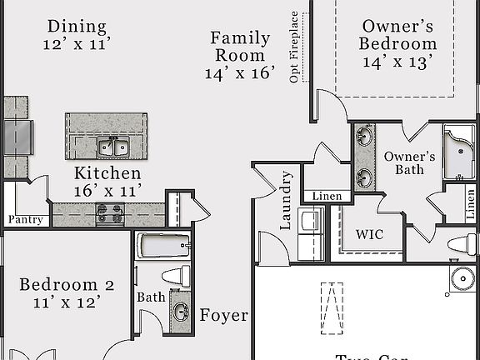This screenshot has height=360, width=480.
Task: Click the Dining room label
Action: pyautogui.click(x=76, y=26)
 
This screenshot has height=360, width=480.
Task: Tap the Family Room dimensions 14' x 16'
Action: pyautogui.click(x=239, y=73)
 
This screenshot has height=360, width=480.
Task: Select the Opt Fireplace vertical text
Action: pyautogui.click(x=294, y=47)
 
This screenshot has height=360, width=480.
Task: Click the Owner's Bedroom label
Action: pyautogui.click(x=397, y=36)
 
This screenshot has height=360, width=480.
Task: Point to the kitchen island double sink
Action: pyautogui.click(x=114, y=147)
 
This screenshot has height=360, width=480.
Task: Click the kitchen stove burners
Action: pyautogui.click(x=110, y=214)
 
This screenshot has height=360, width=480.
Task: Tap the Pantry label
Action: pyautogui.click(x=25, y=220)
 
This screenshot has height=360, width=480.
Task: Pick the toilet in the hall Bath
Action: pyautogui.click(x=175, y=276)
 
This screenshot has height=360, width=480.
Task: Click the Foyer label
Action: pyautogui.click(x=223, y=315)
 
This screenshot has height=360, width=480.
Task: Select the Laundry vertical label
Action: pyautogui.click(x=286, y=200)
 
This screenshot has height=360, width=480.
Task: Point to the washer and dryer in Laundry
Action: pyautogui.click(x=311, y=223)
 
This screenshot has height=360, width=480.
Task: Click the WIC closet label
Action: pyautogui.click(x=369, y=234)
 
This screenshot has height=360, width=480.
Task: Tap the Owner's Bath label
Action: pyautogui.click(x=409, y=163)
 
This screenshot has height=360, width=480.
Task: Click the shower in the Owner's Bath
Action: pyautogui.click(x=459, y=152)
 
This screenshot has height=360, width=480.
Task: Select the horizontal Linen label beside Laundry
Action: pyautogui.click(x=327, y=197)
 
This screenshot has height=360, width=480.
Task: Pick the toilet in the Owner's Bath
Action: pyautogui.click(x=462, y=244)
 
